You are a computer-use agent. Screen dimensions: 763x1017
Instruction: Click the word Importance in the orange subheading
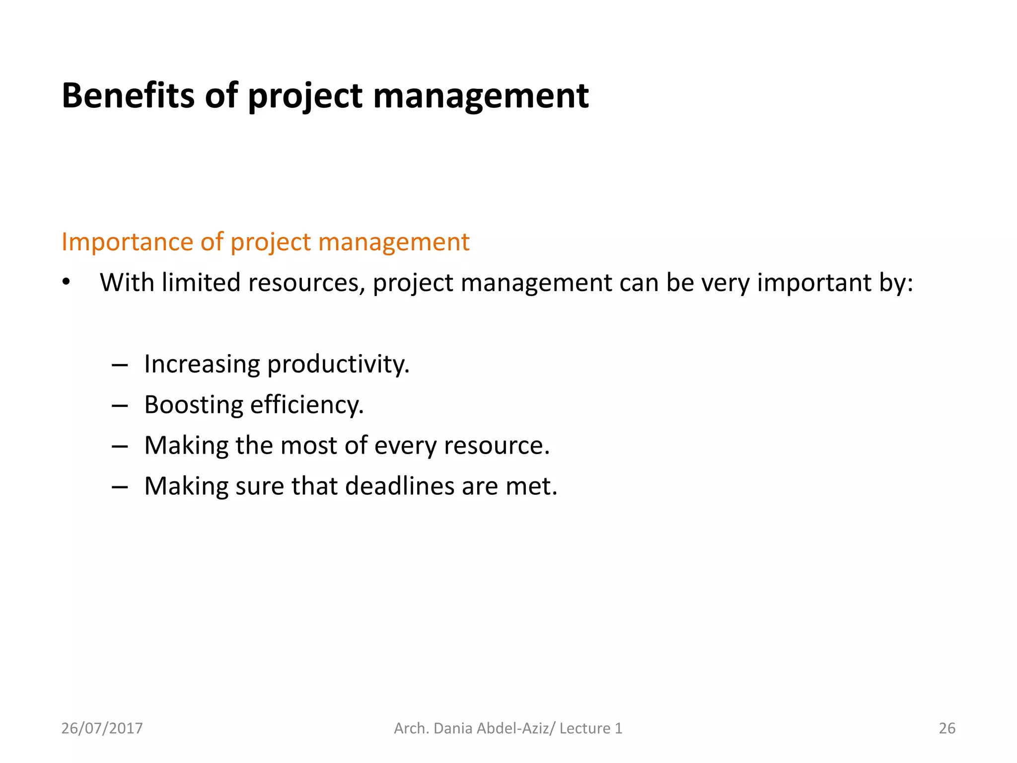127,242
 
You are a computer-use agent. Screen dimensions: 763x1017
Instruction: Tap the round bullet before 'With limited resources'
66,282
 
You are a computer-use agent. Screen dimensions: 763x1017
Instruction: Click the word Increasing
202,364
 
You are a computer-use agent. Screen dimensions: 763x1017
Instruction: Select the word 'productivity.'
338,364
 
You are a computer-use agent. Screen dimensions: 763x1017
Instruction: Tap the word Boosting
193,405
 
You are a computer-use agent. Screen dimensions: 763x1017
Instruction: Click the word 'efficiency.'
307,405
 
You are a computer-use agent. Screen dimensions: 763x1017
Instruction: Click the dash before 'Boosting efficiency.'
120,406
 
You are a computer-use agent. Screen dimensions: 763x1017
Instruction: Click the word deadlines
399,486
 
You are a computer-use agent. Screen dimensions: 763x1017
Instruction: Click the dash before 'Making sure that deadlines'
120,487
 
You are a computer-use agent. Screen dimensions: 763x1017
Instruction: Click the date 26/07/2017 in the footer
102,728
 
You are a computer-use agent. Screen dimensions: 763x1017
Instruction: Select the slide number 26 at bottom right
946,728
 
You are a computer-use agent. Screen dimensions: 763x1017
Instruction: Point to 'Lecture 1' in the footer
590,728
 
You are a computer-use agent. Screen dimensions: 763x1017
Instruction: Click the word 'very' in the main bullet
726,283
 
